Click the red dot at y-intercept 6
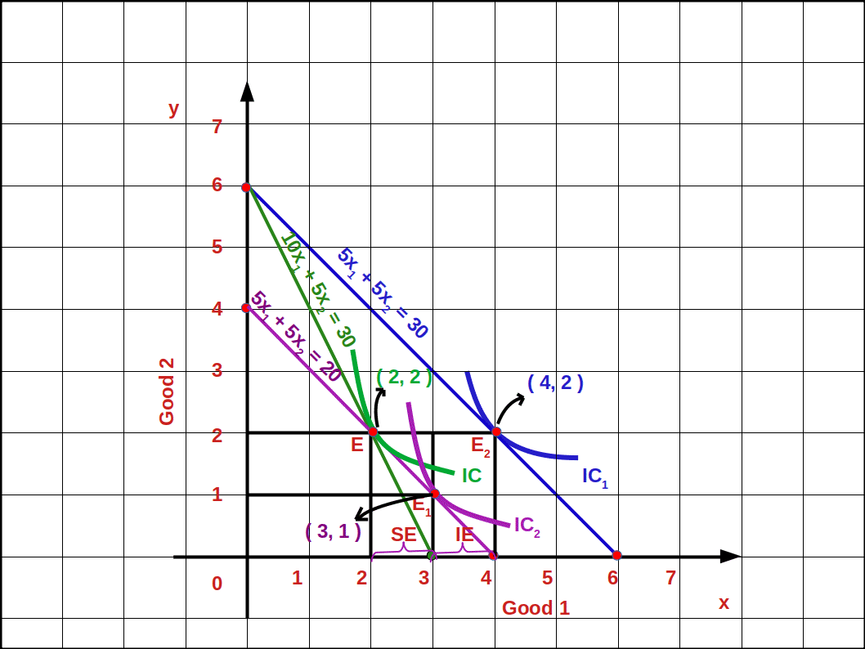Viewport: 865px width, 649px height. point(246,187)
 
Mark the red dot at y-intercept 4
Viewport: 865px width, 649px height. point(246,308)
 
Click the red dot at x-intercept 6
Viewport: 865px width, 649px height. point(616,556)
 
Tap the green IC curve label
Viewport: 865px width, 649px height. point(471,475)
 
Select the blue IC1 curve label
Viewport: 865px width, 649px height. point(594,477)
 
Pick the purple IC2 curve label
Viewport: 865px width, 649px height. point(527,526)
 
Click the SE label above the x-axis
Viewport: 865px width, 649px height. point(404,535)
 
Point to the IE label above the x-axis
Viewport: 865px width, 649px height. point(464,535)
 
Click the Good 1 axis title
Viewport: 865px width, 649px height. point(536,607)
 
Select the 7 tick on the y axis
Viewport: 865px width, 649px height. point(217,127)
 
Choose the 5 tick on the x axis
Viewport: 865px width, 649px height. point(547,578)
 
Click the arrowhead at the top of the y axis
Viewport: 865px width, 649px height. point(247,91)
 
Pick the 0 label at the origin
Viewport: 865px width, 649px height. point(217,583)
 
